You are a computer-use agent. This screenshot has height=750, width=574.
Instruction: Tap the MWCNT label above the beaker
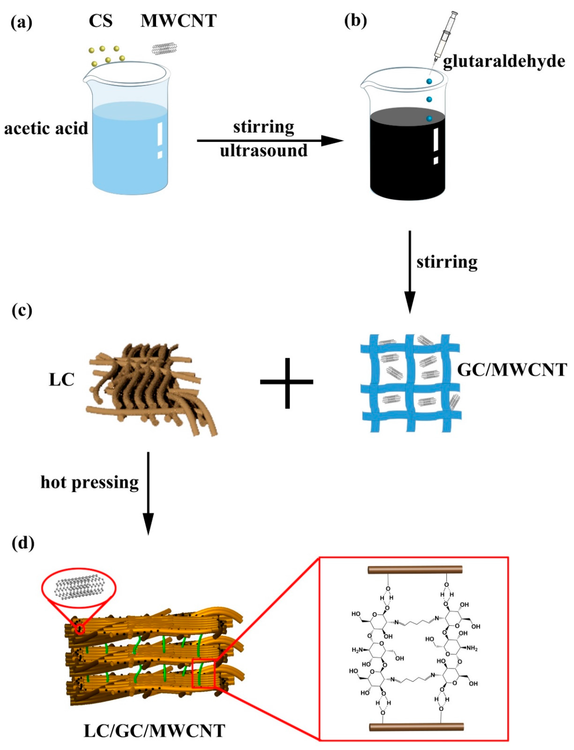pos(178,21)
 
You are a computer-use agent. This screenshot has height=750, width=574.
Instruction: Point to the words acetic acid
pos(46,129)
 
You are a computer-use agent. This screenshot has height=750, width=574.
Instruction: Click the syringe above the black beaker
pos(444,38)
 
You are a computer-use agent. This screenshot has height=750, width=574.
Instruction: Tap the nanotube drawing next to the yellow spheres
pos(164,48)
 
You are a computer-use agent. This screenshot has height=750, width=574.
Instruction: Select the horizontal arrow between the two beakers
pos(270,140)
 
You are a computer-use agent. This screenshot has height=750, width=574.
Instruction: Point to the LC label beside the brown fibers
pos(61,380)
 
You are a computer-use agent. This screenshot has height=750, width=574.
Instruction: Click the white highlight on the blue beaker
pos(159,140)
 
